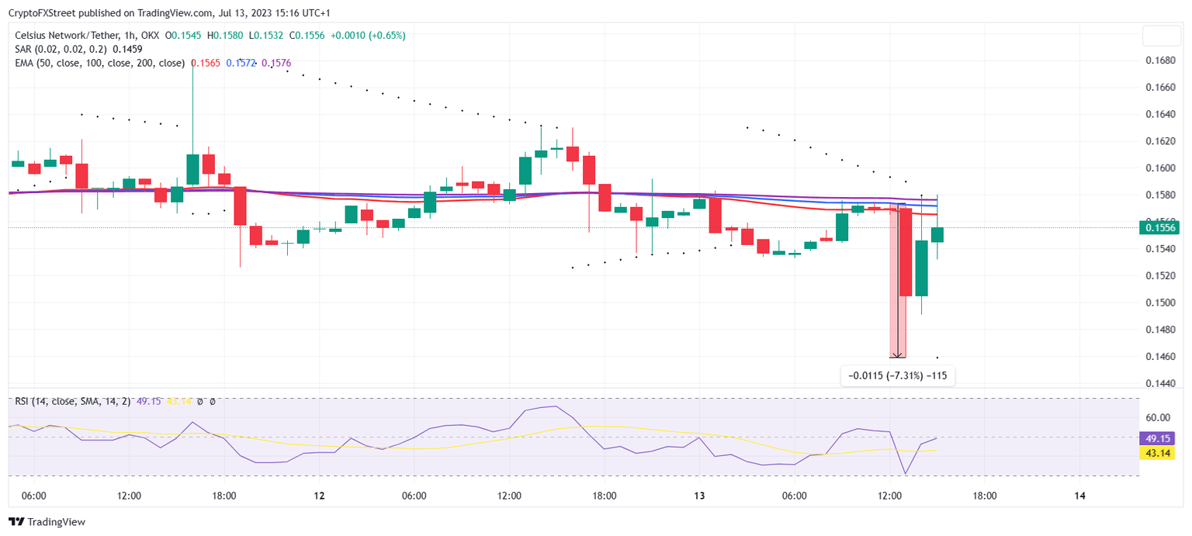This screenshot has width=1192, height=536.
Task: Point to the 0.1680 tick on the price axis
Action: [1160, 61]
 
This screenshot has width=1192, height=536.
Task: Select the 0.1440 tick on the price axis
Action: [1160, 383]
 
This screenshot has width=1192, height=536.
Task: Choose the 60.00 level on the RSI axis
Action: [1159, 417]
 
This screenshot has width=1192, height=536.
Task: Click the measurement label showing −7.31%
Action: [898, 375]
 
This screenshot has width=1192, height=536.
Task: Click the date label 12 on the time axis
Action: [319, 496]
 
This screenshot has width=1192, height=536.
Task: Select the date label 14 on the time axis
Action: [1079, 496]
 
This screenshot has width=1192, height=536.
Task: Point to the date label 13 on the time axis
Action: [699, 496]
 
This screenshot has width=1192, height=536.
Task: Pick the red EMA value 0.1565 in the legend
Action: [205, 63]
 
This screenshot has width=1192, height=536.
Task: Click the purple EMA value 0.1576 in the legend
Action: [276, 63]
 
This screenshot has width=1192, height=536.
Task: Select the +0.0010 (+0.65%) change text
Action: [367, 35]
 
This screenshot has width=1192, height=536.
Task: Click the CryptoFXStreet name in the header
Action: [43, 12]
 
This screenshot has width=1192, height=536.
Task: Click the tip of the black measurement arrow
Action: [898, 356]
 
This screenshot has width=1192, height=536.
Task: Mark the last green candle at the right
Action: [937, 234]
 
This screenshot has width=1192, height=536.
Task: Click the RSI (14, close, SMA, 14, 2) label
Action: [72, 401]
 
